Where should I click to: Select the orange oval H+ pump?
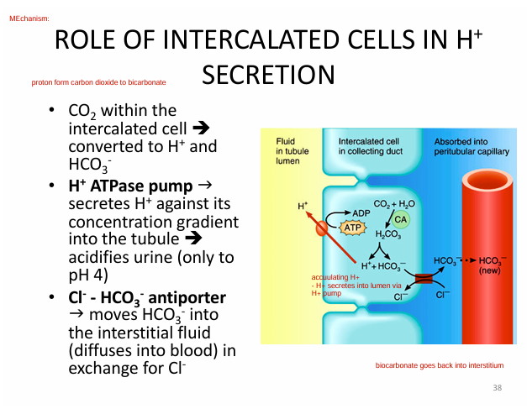pos(321,227)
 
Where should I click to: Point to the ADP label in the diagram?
pos(361,212)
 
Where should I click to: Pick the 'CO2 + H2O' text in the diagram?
pos(394,203)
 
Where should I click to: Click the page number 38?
pos(497,387)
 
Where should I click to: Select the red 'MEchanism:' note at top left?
pos(28,18)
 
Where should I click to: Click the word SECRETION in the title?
pos(268,75)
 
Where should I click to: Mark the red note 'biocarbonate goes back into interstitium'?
pos(439,366)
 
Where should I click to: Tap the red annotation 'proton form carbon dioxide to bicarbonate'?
pos(98,82)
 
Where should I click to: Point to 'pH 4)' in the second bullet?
pos(87,275)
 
